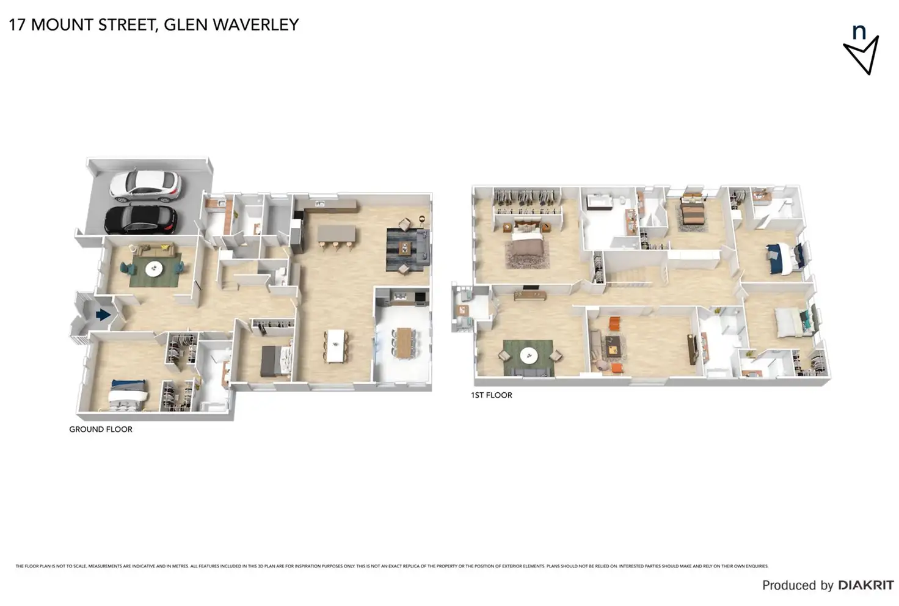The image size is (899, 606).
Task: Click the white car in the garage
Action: point(145,186)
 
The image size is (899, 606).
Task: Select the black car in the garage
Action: point(140,220)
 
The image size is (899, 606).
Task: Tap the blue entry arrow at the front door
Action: point(103,315)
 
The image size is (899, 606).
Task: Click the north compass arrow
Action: point(861,54)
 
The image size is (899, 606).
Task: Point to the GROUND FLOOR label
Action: point(101,429)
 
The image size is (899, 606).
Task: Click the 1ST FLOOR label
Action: point(491,395)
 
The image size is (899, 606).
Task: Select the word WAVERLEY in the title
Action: point(256,25)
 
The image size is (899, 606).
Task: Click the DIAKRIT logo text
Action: point(865,585)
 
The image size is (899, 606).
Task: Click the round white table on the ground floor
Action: point(154,268)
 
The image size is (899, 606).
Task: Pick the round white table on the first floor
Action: point(528,355)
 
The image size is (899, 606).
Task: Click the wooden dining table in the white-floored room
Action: point(404,343)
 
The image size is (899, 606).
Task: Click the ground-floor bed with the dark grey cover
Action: point(271,361)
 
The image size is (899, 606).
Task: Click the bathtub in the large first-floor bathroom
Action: point(599,203)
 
